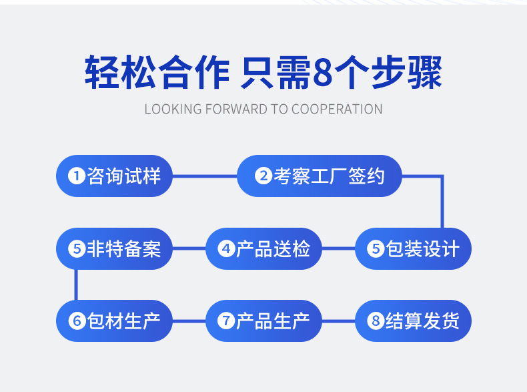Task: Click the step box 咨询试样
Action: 114,176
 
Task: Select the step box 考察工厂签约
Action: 320,176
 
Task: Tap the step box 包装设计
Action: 413,249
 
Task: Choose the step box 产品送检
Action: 263,249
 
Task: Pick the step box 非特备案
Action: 114,249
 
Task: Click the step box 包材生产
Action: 114,321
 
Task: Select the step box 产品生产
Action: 263,321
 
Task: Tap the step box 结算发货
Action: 413,321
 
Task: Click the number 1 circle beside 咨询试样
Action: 77,176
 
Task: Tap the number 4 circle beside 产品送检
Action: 226,249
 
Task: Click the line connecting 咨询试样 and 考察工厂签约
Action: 205,176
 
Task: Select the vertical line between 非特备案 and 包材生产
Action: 76,285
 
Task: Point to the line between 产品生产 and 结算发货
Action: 338,321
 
